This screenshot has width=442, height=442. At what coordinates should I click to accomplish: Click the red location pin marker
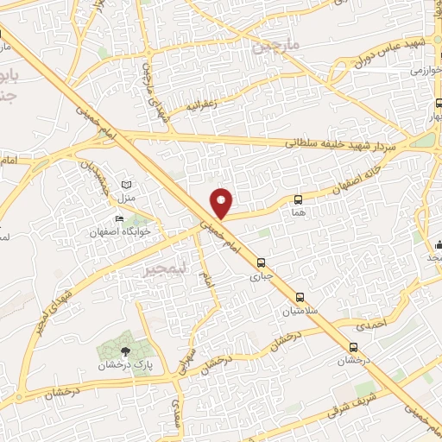(x=222, y=202)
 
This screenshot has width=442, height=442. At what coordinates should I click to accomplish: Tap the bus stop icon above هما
(x=299, y=199)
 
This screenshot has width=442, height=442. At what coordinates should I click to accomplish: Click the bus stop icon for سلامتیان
(x=300, y=296)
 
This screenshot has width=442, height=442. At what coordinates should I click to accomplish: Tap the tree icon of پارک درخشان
(x=127, y=350)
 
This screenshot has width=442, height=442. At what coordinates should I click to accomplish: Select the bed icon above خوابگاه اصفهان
(x=120, y=218)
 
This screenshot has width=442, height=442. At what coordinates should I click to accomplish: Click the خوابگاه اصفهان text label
(x=120, y=232)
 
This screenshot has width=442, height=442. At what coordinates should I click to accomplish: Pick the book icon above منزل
(x=128, y=186)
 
